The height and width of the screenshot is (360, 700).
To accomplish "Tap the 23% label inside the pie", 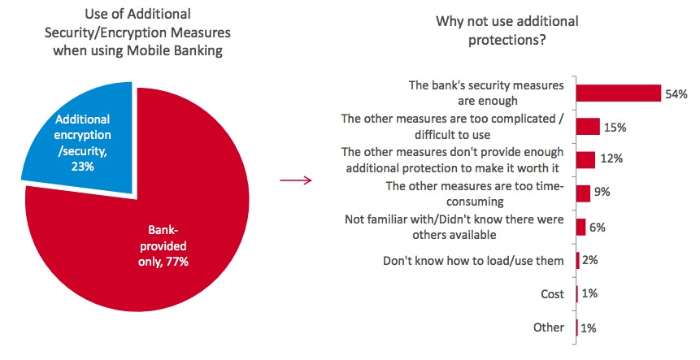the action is (83, 167).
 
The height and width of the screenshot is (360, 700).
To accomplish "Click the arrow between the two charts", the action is (296, 180).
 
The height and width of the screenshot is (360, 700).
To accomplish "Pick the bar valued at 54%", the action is (619, 93).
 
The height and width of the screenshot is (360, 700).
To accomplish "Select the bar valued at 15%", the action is (588, 126).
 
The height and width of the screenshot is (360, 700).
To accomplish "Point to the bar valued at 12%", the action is (585, 160).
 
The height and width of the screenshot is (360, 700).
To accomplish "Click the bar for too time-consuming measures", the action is (583, 193).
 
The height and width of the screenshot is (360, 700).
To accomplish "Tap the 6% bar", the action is (580, 227).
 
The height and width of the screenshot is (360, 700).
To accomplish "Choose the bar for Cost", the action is (577, 294).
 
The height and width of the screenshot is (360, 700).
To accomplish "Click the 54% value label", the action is (676, 94).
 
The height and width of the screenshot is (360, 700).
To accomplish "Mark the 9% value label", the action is (602, 192).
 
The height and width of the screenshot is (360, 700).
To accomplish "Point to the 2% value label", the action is (590, 259).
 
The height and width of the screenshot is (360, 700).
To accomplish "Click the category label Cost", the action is (552, 294).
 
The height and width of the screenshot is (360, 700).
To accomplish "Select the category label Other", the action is (549, 327).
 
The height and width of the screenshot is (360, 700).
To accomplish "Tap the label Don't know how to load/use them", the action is (473, 261).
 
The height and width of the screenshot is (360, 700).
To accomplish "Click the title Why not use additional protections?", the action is (507, 31).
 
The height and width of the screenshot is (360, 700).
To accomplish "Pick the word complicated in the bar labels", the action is (512, 119).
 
